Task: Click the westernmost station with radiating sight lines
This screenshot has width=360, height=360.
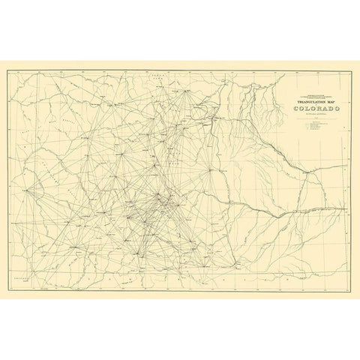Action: point(27,190)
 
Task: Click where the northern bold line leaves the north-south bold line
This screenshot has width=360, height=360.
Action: point(215,118)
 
